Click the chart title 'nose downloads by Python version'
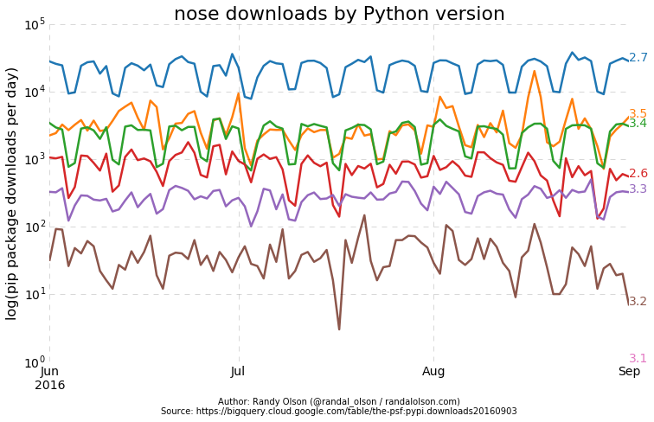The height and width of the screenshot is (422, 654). pyautogui.click(x=339, y=14)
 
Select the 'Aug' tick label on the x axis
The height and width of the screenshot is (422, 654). pyautogui.click(x=433, y=371)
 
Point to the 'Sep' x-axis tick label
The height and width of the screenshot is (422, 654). pyautogui.click(x=629, y=371)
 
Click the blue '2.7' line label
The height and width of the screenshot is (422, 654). pyautogui.click(x=638, y=58)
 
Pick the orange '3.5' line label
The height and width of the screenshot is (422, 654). pyautogui.click(x=638, y=113)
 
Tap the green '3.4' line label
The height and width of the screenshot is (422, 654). pyautogui.click(x=638, y=124)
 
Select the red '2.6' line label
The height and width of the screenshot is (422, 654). pyautogui.click(x=638, y=174)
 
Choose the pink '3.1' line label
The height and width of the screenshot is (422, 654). pyautogui.click(x=638, y=358)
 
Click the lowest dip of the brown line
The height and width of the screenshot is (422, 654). pyautogui.click(x=339, y=329)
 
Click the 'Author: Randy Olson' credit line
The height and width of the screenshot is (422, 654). pyautogui.click(x=339, y=401)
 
